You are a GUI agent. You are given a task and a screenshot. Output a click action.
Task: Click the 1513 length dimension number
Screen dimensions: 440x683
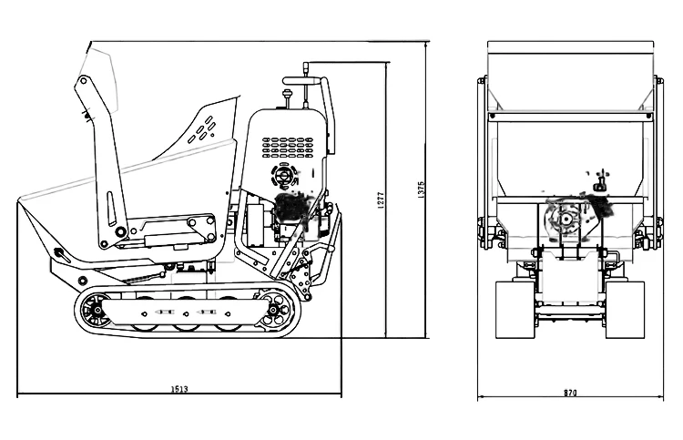click(x=179, y=389)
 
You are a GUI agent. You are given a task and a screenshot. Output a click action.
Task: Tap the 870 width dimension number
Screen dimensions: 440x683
click(x=571, y=393)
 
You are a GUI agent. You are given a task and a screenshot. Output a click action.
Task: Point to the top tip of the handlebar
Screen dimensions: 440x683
click(x=307, y=66)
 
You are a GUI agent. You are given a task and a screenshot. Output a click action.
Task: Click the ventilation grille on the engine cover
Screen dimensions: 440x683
click(x=287, y=147)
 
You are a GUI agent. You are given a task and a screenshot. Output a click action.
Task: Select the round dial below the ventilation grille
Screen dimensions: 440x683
click(x=283, y=175)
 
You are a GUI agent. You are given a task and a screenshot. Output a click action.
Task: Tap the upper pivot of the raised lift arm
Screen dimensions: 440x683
click(x=84, y=81)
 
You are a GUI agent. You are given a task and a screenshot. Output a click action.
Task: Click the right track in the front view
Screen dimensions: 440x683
click(x=626, y=310)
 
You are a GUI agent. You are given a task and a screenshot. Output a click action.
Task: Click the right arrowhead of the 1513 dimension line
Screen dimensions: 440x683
click(x=340, y=394)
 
